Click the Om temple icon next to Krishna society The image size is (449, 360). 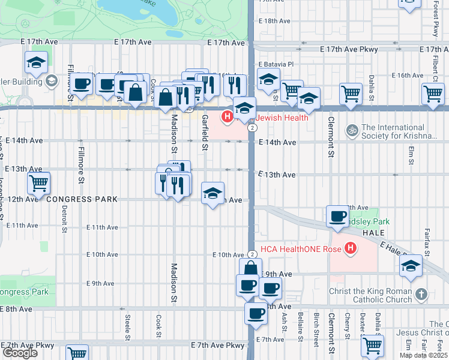352,130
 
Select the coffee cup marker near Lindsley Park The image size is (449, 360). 337,215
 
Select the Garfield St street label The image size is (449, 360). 205,132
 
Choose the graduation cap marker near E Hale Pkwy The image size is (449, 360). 411,265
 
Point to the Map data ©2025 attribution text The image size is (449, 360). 423,355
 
